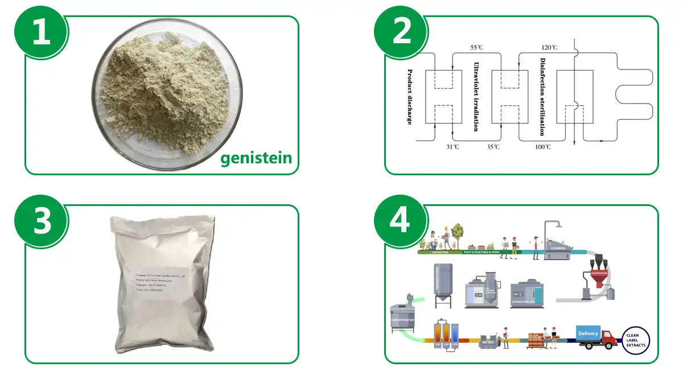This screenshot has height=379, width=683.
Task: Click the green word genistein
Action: point(256,157)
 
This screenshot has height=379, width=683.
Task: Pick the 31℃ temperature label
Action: point(452,147)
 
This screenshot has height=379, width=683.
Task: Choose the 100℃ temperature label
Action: point(542,147)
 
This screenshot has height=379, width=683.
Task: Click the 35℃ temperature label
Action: point(493,147)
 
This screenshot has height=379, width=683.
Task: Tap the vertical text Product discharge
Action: point(409,97)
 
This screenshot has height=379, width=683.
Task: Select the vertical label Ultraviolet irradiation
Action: point(476,97)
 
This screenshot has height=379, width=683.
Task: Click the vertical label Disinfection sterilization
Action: point(542,97)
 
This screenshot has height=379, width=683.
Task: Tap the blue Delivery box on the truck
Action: point(587,332)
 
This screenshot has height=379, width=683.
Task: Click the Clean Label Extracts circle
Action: point(635,340)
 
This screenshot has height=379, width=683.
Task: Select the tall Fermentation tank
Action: point(443,283)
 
